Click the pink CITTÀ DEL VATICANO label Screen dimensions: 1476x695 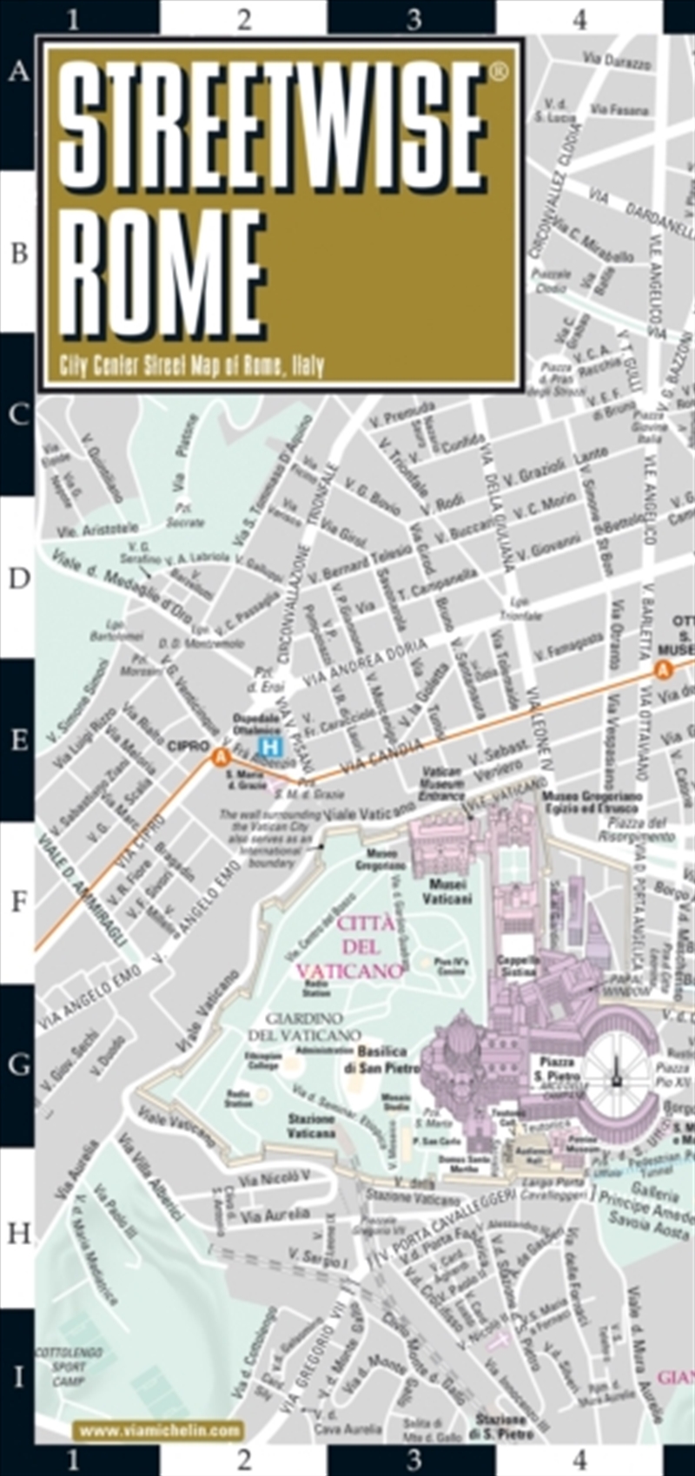coord(352,946)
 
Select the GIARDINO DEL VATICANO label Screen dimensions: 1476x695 coord(304,1026)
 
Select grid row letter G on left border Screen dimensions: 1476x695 coord(19,1064)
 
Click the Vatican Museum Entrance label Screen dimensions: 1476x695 coord(440,784)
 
